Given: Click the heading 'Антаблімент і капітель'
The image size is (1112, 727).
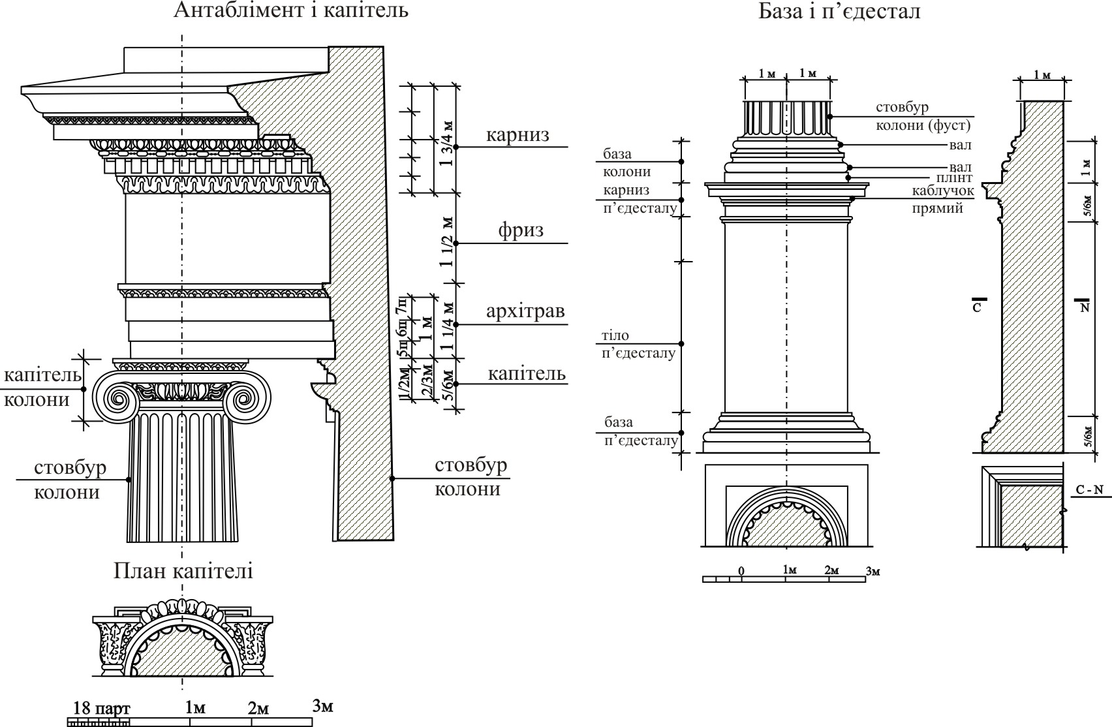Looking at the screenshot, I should click(291, 11).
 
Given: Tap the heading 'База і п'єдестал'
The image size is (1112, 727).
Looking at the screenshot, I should click(839, 11).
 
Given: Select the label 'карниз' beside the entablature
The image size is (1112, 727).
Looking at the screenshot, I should click(517, 135).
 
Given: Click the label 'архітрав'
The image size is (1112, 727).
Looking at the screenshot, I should click(525, 312).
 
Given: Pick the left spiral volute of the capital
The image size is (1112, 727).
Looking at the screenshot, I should click(117, 397).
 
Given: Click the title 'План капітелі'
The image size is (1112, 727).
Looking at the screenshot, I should click(183, 571).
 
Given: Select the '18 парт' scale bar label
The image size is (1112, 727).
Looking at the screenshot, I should click(102, 708).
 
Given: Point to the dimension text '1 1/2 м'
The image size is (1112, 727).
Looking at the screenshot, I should click(448, 241).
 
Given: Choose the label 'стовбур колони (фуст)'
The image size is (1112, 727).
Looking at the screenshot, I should click(923, 116).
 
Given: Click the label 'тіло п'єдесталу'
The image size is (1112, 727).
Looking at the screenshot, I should click(639, 345).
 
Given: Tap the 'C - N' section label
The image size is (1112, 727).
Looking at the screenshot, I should click(1089, 491).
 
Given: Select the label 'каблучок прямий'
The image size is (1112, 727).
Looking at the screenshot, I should click(944, 200).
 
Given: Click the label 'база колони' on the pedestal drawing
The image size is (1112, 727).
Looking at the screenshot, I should click(627, 163).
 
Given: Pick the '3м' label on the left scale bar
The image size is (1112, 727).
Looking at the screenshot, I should click(322, 705).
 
